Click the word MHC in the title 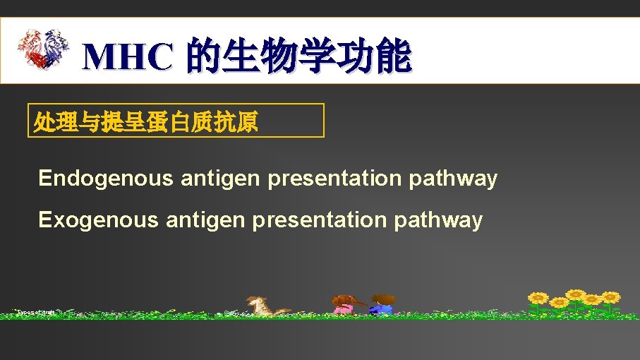coord(127,57)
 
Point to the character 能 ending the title coord(392,57)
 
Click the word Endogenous coord(105,179)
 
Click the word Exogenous coord(98,220)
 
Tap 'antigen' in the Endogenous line coord(220,179)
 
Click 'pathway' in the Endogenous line coord(453,179)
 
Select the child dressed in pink coord(346,304)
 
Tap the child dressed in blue coord(383,304)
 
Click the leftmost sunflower coord(538,298)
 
